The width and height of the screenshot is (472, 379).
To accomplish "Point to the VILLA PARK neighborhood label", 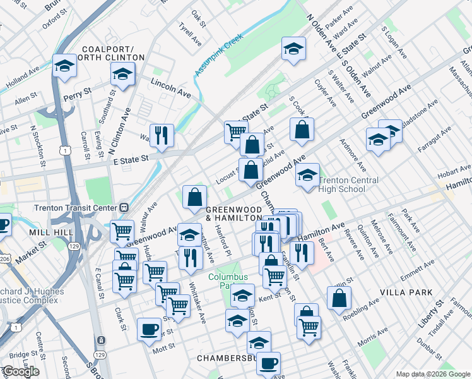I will click(x=406, y=293).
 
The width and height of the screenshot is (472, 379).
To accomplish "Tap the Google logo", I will click(x=21, y=371).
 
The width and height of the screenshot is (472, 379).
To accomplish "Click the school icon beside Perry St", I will click(x=64, y=66).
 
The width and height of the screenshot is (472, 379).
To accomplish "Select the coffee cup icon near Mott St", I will click(x=149, y=328).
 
